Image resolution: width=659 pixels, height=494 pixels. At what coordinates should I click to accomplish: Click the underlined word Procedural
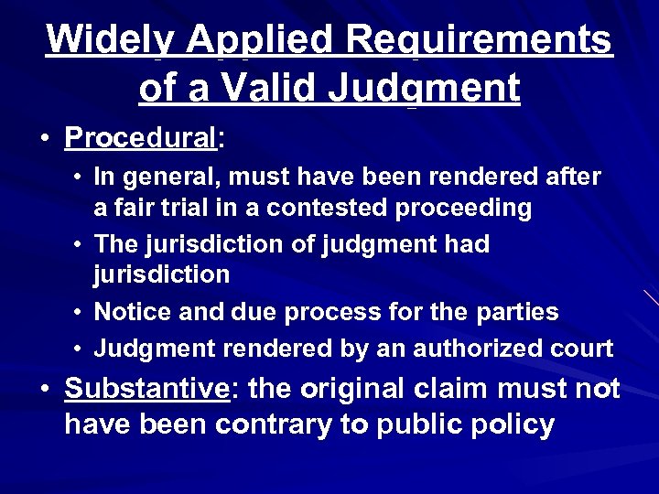tap(140, 138)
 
